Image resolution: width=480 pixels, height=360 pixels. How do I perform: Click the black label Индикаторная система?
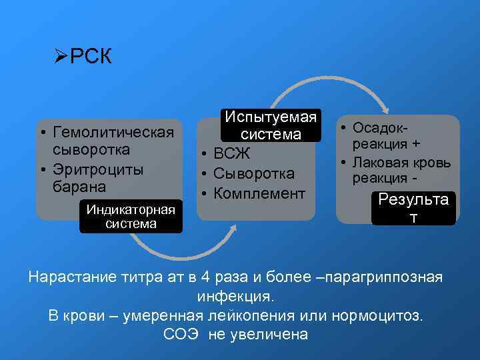131,217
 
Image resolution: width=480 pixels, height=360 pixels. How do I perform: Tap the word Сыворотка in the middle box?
254,174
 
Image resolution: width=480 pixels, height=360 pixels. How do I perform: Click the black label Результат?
413,208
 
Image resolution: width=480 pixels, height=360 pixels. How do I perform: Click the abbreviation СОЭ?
182,334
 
